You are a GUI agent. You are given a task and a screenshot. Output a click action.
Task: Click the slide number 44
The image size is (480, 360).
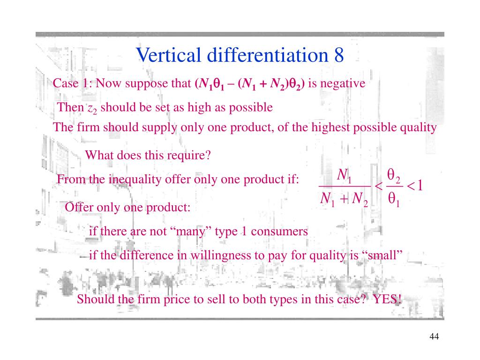click(x=434, y=337)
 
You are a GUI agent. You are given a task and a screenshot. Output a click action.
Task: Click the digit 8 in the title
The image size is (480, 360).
click(x=338, y=56)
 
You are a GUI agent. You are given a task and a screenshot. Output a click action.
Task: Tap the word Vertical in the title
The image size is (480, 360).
click(x=163, y=56)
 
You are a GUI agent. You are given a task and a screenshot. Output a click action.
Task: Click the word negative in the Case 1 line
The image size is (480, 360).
click(x=343, y=83)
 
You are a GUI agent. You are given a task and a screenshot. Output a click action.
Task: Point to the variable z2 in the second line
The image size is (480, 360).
click(x=92, y=108)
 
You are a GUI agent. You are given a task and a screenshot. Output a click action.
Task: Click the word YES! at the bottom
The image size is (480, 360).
click(x=388, y=299)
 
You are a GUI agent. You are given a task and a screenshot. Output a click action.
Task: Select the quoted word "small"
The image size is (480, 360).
click(x=383, y=255)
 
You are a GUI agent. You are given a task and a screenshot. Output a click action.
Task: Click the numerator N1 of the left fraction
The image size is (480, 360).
click(x=345, y=177)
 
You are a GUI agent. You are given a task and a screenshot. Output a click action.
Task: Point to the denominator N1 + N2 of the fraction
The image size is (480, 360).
click(x=344, y=199)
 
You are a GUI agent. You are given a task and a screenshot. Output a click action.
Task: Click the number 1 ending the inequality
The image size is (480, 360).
click(x=420, y=186)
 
